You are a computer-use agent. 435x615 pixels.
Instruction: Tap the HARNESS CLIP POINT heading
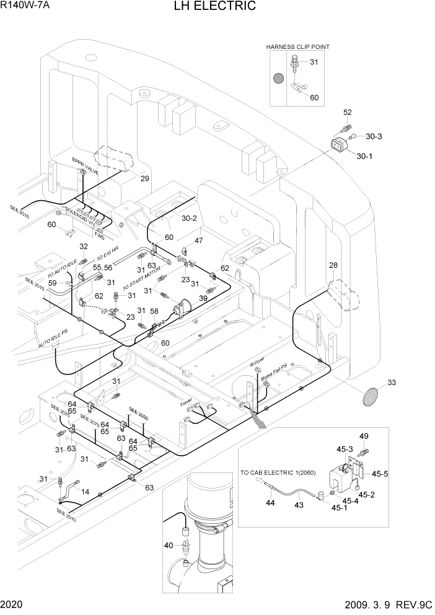click(x=298, y=46)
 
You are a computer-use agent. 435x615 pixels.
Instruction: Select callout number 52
click(x=348, y=112)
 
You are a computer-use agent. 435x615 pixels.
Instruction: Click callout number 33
click(x=391, y=383)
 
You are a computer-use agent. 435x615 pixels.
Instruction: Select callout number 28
click(x=333, y=266)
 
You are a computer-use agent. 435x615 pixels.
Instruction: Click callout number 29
click(x=144, y=179)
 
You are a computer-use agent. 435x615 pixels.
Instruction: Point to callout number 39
click(x=203, y=298)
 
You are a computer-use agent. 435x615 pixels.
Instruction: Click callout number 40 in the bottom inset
click(x=169, y=545)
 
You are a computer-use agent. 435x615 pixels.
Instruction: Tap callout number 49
click(x=364, y=436)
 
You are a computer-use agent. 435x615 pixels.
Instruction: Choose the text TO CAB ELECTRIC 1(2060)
click(x=278, y=474)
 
